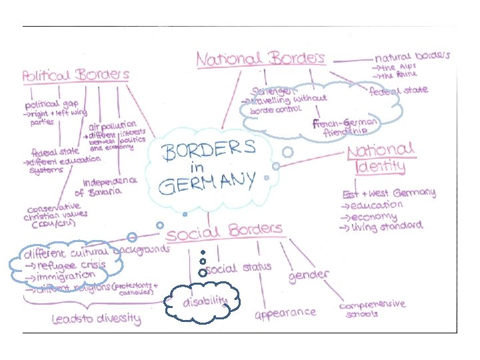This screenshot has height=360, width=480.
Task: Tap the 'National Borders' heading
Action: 261,58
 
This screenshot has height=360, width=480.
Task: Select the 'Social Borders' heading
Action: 225,232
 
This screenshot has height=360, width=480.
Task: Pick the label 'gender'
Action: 309,275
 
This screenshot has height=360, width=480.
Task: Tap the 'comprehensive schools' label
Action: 373,309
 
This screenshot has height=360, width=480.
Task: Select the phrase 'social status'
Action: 238,268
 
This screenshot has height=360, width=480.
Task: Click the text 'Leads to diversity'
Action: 97,319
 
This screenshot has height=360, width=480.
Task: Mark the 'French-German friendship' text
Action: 346,127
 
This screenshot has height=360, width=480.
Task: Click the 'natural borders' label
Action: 412,57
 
